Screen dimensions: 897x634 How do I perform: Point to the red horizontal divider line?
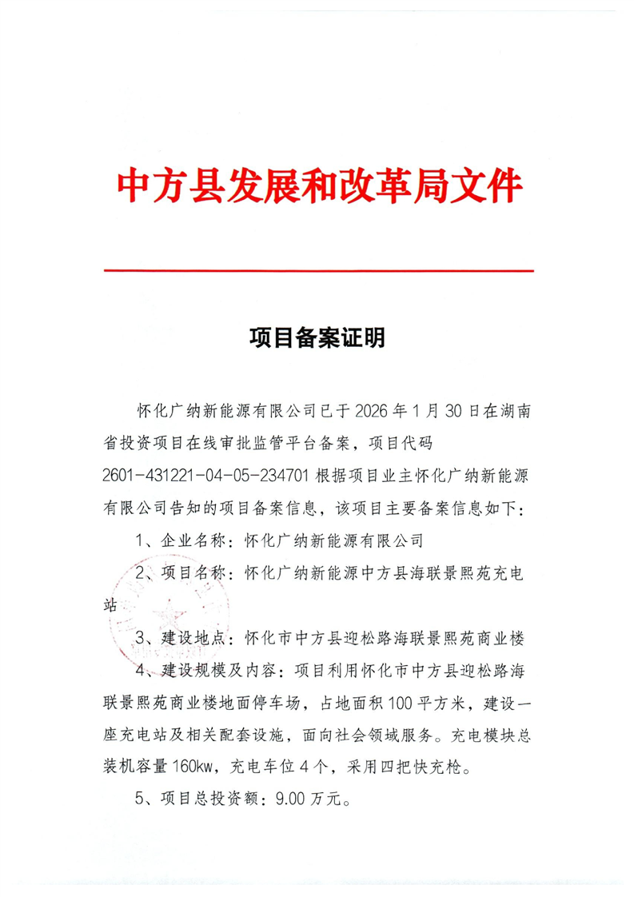[x=318, y=271]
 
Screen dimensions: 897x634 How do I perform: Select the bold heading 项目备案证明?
[x=317, y=339]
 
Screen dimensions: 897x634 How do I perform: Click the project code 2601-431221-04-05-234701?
[x=205, y=477]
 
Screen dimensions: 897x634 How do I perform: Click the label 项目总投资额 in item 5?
[x=204, y=799]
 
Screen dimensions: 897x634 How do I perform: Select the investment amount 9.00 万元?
[x=300, y=799]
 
